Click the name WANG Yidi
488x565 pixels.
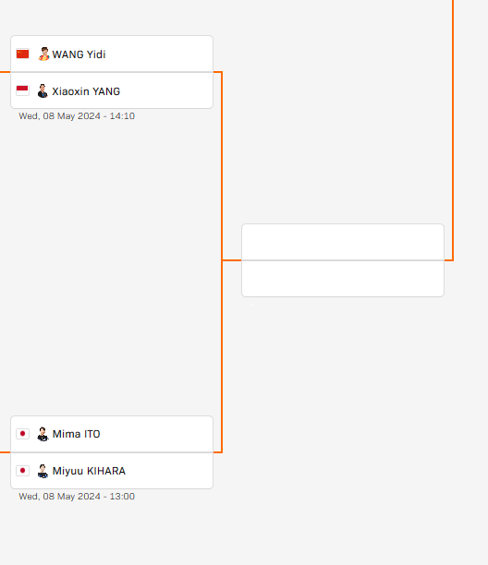tap(79, 54)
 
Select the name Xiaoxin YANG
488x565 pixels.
tap(86, 91)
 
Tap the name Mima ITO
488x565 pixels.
tap(76, 434)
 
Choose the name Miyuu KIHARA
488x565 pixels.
tap(89, 471)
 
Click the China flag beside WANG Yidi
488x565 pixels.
tap(23, 54)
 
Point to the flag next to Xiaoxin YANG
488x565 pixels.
tap(23, 90)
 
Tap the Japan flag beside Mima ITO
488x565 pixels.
tap(23, 434)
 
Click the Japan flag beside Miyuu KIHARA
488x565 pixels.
tap(23, 471)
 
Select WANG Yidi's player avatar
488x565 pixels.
tap(43, 54)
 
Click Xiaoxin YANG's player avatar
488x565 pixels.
tap(43, 90)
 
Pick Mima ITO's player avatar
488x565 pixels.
tap(43, 434)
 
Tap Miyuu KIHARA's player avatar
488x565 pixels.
tap(43, 472)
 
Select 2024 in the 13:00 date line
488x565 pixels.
tap(89, 497)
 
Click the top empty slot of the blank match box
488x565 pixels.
tap(343, 242)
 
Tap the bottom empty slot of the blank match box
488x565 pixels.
tap(343, 279)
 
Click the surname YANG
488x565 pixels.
tap(106, 91)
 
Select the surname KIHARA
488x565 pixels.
tap(106, 471)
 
